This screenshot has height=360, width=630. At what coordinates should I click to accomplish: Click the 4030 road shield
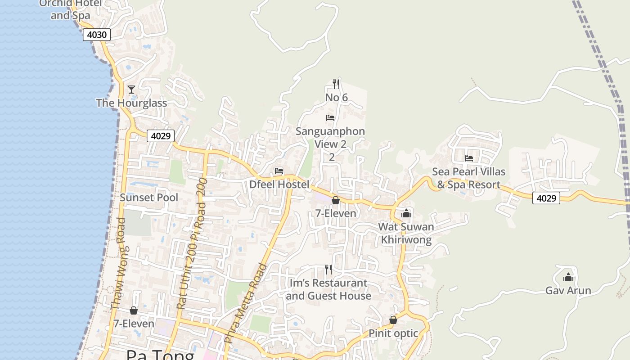click(96, 35)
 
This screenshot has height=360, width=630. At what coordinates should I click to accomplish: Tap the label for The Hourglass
click(131, 103)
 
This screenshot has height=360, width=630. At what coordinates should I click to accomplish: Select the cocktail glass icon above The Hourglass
click(131, 90)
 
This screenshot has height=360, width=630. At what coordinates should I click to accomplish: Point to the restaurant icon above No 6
click(336, 84)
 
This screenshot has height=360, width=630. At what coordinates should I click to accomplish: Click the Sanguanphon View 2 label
click(330, 138)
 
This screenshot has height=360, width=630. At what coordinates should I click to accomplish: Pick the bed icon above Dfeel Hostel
click(279, 171)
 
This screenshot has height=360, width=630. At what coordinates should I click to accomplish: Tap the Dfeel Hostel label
click(279, 184)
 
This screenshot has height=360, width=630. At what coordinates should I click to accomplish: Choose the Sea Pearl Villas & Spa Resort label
click(468, 178)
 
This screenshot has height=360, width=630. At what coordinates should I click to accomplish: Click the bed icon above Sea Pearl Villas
click(469, 158)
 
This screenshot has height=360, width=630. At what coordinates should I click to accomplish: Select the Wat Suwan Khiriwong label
click(406, 233)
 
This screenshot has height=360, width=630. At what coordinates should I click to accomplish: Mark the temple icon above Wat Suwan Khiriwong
click(406, 213)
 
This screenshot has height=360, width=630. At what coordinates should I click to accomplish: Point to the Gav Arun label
click(568, 291)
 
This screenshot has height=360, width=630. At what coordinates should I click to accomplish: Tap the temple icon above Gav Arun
click(568, 277)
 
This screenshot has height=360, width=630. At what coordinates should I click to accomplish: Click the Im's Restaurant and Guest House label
click(328, 289)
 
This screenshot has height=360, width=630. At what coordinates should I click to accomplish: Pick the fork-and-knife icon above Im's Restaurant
click(328, 270)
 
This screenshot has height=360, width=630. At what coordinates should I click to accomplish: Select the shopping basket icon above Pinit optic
click(393, 320)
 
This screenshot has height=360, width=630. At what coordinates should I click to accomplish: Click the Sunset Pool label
click(149, 198)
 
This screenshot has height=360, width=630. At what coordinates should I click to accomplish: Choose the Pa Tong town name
click(160, 355)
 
